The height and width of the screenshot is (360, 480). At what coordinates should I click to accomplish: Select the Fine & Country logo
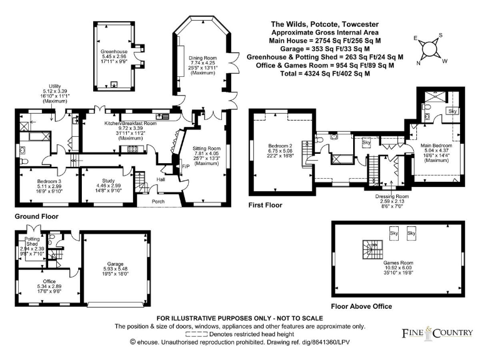(437, 332)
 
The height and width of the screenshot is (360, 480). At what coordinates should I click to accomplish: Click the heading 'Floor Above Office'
(362, 306)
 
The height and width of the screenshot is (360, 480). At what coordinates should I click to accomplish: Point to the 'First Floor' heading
(266, 204)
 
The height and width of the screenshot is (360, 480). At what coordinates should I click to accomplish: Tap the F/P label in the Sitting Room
(186, 167)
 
